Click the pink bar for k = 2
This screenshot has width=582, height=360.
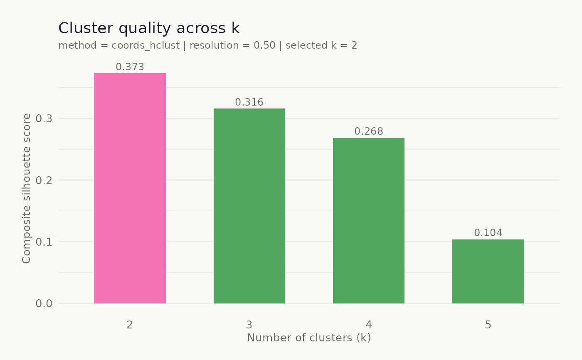click(130, 188)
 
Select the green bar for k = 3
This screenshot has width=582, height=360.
click(249, 206)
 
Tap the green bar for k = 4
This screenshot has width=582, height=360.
click(369, 220)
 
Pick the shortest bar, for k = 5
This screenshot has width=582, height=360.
click(488, 271)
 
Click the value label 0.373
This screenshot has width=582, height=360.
click(130, 67)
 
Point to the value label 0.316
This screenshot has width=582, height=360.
click(249, 102)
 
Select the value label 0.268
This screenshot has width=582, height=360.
click(369, 131)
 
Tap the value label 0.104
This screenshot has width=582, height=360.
click(488, 233)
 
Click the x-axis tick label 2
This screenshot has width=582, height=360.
click(130, 325)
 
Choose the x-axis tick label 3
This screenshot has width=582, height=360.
click(249, 325)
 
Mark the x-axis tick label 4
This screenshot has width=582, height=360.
click(369, 325)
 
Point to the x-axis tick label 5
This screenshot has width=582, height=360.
click(488, 325)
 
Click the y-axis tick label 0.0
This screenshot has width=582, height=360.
click(44, 303)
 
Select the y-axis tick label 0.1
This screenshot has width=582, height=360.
click(44, 242)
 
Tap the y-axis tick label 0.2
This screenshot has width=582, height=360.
click(44, 180)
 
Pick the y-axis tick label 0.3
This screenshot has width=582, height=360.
click(44, 119)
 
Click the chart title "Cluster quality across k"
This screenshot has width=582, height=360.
click(149, 28)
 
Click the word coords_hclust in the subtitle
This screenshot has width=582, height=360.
click(147, 45)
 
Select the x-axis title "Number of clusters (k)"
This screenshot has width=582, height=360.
click(309, 338)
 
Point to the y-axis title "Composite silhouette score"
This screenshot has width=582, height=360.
click(27, 188)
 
